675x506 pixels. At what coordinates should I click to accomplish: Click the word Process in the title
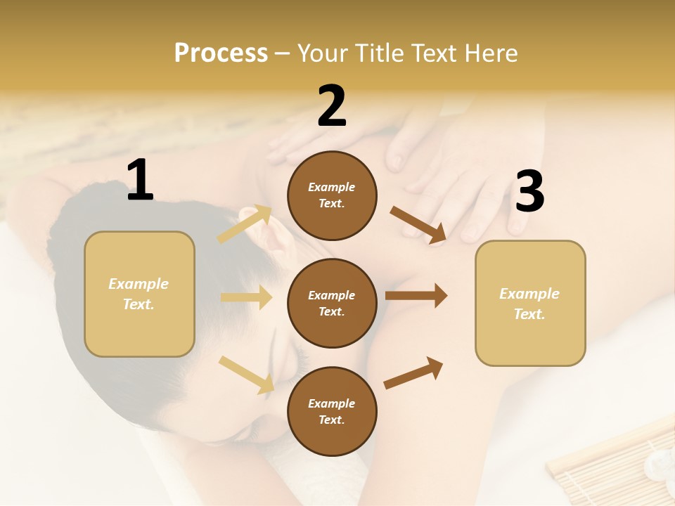[221, 53]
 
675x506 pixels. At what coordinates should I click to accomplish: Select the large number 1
[140, 181]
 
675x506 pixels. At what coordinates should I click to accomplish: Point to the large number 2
[332, 106]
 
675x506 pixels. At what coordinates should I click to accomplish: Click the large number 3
[529, 192]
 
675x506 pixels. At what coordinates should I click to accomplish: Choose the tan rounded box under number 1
[139, 294]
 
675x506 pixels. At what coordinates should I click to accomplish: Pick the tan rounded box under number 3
[530, 303]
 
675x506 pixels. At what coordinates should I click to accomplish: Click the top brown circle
[332, 195]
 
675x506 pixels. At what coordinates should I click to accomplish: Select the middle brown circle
[332, 303]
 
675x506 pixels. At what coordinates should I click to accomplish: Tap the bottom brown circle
[332, 411]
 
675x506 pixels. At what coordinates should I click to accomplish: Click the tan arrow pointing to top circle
[245, 224]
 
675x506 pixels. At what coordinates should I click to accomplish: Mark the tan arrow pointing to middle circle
[246, 297]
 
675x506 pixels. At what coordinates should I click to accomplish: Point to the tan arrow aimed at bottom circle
[246, 375]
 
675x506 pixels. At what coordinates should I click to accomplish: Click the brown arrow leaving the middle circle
[416, 295]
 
